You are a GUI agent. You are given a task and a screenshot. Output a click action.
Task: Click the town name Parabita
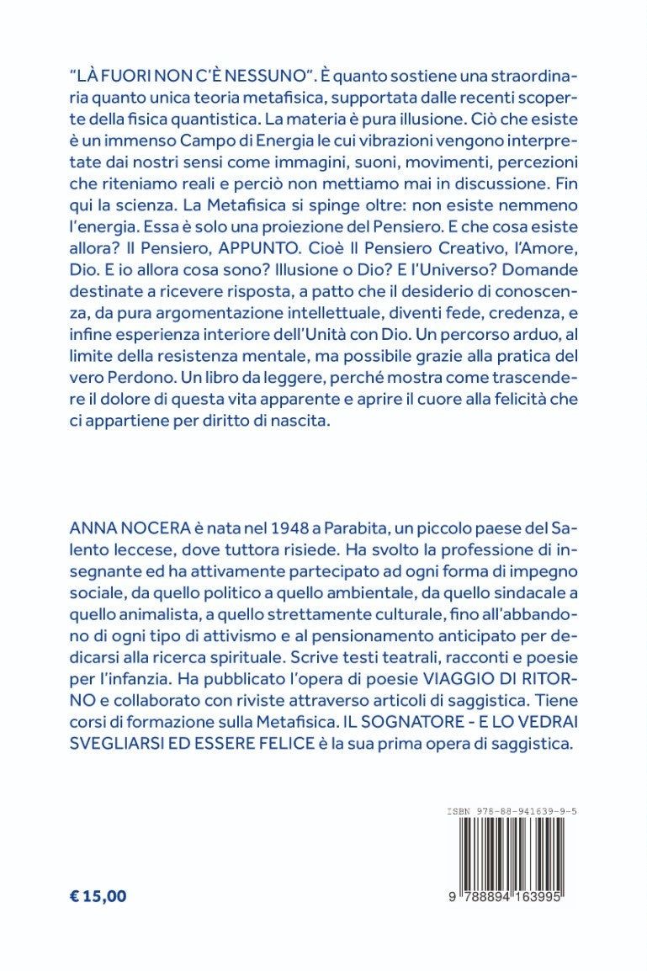(x=358, y=526)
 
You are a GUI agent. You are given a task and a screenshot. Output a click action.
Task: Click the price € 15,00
(x=98, y=895)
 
